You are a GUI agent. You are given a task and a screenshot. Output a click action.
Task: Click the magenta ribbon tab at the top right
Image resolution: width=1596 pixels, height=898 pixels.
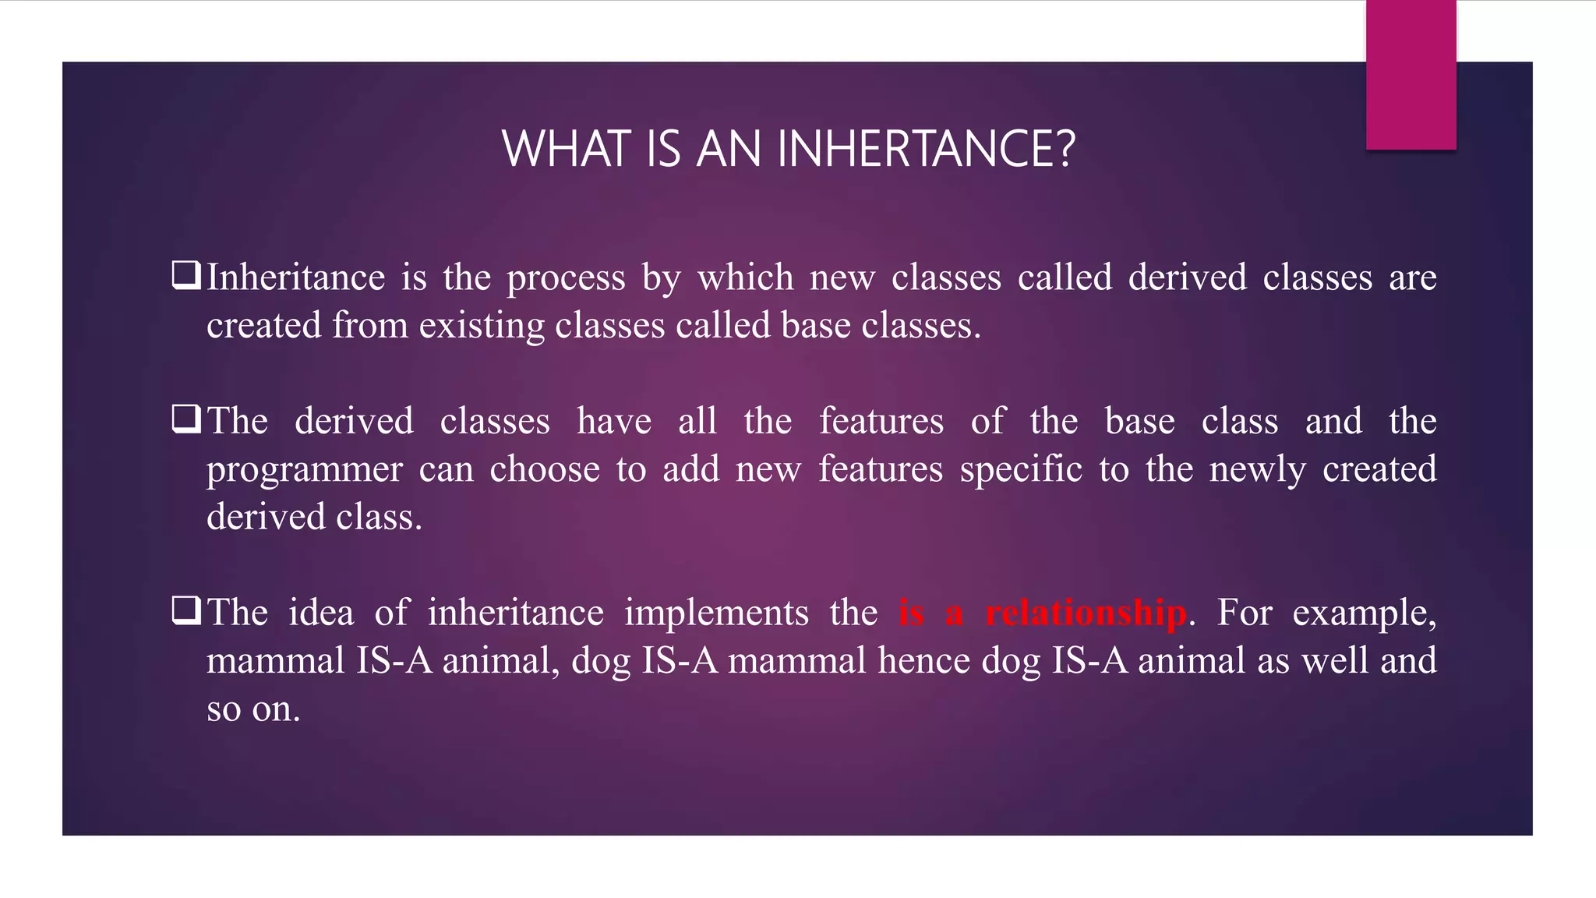coord(1411,75)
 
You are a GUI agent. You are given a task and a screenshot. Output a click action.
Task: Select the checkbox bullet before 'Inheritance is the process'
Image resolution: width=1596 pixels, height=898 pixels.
coord(186,276)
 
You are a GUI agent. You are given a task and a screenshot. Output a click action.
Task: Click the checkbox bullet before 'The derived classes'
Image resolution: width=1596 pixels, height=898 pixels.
coord(186,419)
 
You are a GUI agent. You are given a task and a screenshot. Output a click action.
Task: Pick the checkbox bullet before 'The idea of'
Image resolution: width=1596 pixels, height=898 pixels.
coord(186,610)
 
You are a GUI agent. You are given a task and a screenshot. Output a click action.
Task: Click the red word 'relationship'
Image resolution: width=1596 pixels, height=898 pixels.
coord(1086,613)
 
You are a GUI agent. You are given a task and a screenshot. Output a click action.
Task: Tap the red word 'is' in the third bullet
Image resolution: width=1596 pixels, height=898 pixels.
coord(911,613)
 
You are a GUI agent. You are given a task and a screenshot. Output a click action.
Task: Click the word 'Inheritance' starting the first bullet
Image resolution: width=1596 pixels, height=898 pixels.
coord(295,278)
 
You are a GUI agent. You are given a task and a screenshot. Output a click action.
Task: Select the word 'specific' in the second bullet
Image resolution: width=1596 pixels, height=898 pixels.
coord(1021,469)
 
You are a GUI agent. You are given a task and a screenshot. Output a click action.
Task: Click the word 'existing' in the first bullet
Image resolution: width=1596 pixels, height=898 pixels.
coord(481,326)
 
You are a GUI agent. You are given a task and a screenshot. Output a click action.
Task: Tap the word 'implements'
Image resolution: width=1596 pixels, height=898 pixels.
coord(716,613)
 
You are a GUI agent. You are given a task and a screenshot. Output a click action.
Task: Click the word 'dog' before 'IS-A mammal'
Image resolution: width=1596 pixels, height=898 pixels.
coord(600,662)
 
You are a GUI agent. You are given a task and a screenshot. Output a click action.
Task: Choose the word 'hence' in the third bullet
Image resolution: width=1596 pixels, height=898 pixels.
coord(923,660)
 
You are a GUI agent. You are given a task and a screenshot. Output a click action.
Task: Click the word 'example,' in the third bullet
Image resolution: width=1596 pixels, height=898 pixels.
coord(1364,613)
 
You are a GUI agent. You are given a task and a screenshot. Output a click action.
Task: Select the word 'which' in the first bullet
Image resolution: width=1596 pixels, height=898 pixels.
coord(745,278)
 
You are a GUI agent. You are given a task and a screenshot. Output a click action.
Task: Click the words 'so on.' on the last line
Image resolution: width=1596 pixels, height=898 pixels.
coord(253,709)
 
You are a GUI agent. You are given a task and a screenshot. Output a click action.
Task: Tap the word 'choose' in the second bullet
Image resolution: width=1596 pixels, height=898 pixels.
coord(545,469)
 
